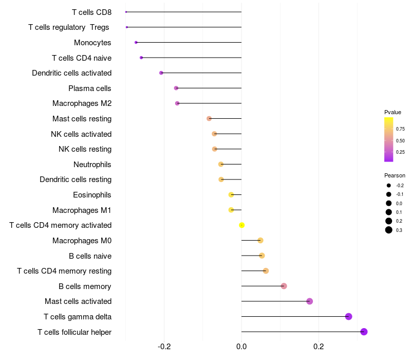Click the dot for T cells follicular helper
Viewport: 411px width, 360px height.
364,332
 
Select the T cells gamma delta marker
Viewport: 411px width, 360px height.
348,316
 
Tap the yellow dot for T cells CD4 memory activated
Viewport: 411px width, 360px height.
241,225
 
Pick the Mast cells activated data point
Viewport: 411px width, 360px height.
310,301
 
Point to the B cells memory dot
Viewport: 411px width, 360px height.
284,286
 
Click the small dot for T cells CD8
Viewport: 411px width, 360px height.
126,12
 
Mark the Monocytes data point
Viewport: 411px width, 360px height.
136,43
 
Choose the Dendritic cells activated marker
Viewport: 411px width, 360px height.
161,73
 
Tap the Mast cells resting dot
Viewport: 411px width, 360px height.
209,119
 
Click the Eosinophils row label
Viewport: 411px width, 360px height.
92,195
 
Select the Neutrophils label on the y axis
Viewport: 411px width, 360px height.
92,165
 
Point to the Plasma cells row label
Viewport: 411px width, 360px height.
89,88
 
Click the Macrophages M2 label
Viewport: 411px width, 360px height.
82,103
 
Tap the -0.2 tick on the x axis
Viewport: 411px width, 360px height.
164,347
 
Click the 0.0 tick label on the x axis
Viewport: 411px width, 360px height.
241,347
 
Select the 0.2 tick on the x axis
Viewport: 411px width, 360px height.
319,347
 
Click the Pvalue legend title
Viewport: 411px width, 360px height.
393,112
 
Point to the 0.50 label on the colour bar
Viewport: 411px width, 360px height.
400,140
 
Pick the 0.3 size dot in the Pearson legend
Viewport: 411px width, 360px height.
389,230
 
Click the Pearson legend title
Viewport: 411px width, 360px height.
395,175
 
